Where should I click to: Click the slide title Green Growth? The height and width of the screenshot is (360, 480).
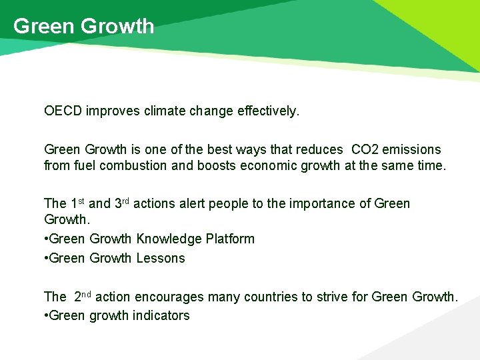point(83,27)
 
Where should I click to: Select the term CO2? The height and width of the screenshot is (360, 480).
point(367,149)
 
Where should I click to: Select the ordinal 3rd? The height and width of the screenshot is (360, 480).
point(123,203)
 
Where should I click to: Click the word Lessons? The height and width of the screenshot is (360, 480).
point(161,258)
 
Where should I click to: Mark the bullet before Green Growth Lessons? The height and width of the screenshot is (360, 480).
point(46,259)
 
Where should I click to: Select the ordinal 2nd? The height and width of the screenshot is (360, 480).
point(82,296)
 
